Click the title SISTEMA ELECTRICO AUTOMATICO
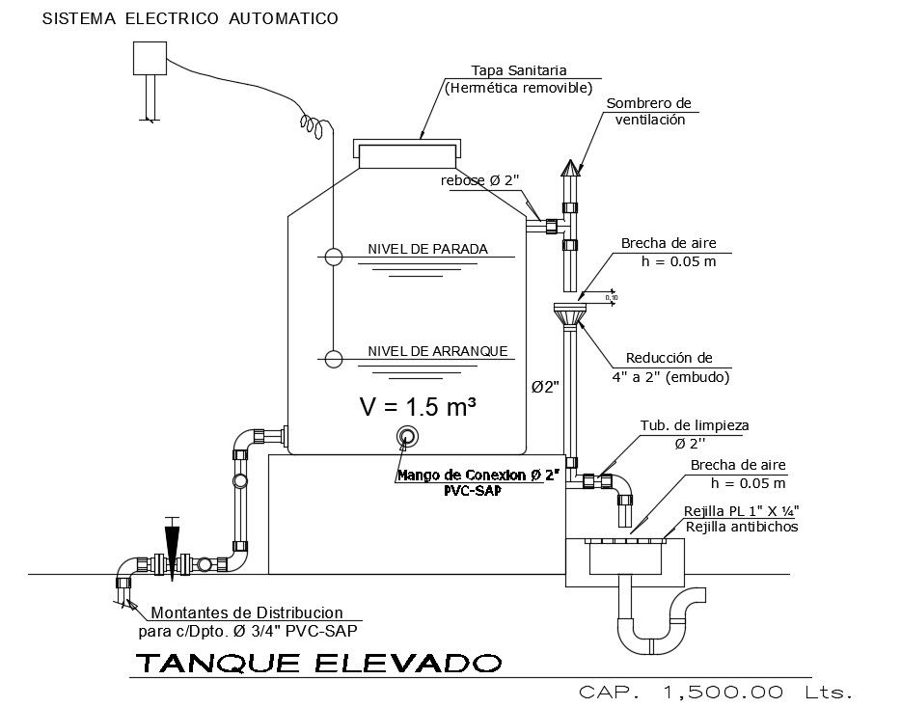[190, 18]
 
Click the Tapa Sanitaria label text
[518, 70]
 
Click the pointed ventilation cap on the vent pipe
[571, 171]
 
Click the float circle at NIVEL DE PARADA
[333, 257]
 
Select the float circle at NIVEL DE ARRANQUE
[333, 359]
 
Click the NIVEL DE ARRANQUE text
[437, 351]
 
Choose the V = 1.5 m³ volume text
[418, 407]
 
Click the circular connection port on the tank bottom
[407, 437]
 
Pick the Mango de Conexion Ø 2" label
[478, 476]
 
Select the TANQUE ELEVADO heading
[317, 665]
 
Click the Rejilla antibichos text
[741, 527]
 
